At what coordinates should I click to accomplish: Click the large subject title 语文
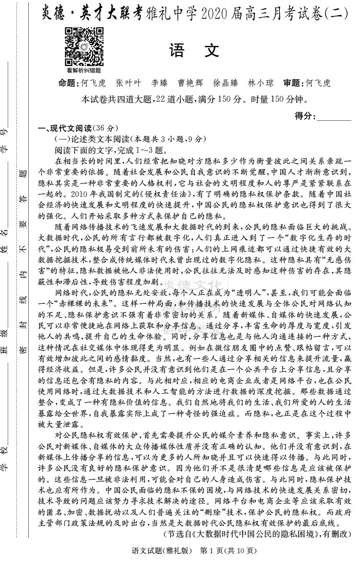194,51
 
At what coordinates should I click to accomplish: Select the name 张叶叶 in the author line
128,83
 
